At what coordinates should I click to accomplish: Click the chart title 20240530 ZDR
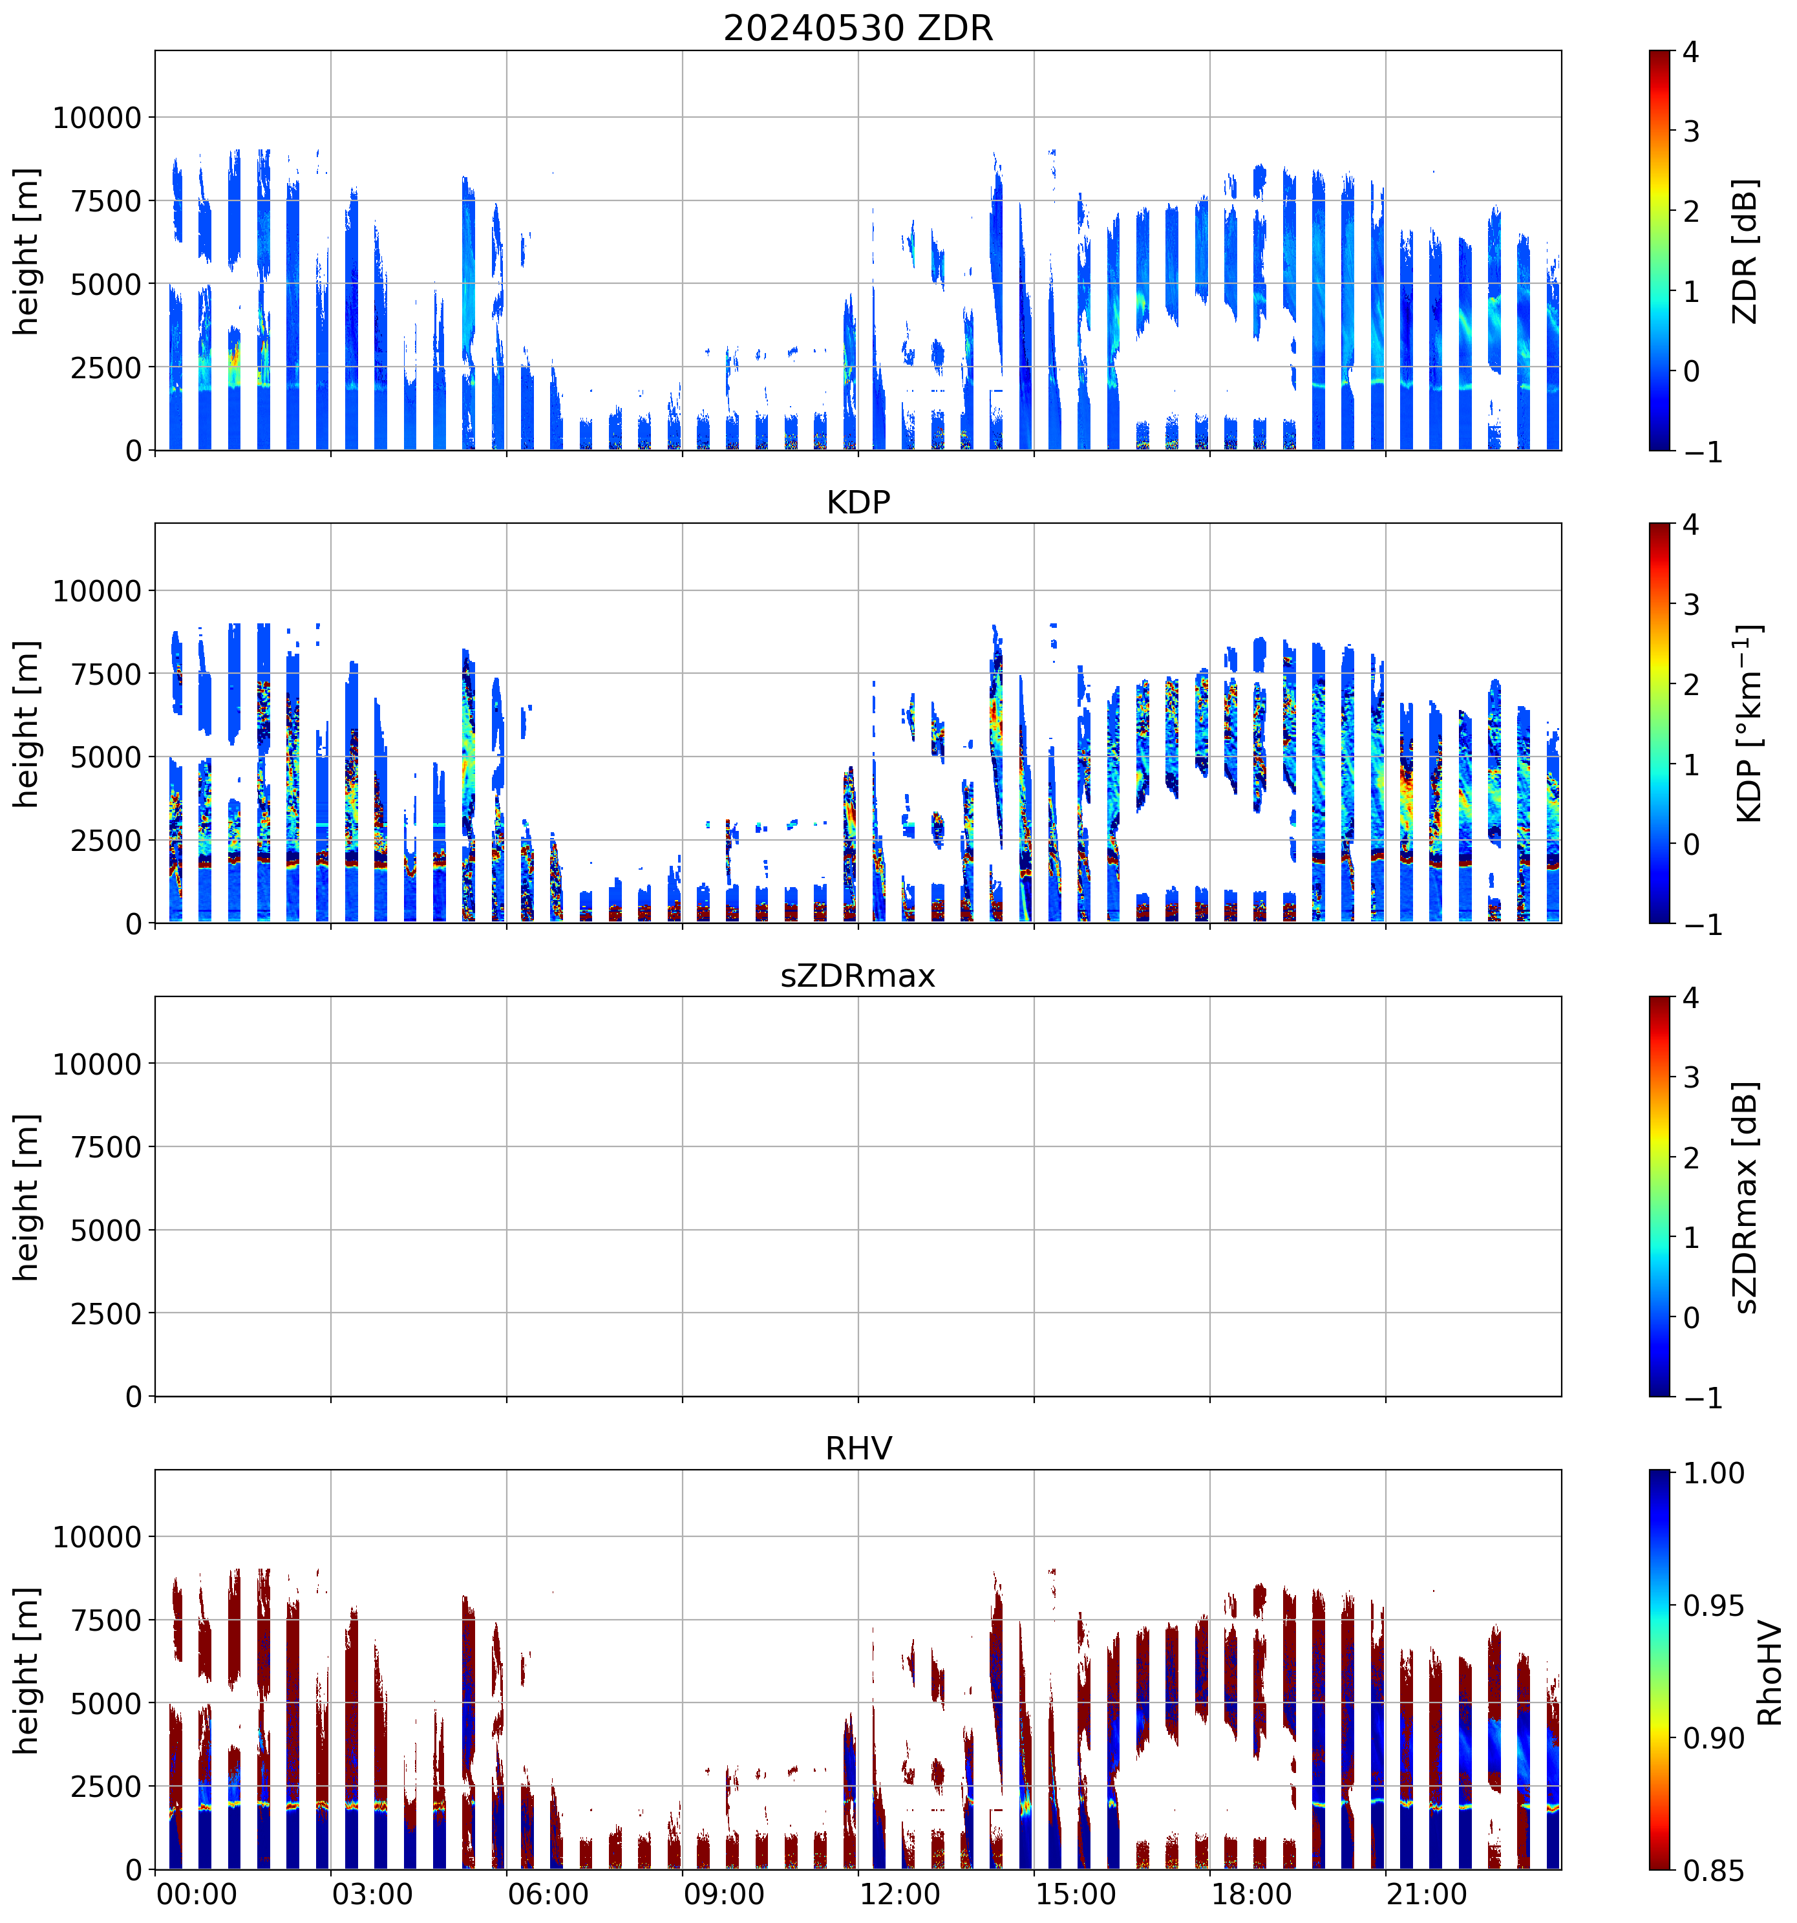point(858,28)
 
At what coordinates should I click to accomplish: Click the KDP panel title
point(858,503)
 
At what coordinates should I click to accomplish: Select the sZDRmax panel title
point(858,976)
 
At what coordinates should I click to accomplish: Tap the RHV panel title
point(858,1449)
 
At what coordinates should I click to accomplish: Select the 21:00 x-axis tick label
point(1427,1895)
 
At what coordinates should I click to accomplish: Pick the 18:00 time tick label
point(1251,1895)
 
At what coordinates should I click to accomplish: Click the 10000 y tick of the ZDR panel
point(97,118)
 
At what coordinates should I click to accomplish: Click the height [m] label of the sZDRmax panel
point(26,1197)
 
